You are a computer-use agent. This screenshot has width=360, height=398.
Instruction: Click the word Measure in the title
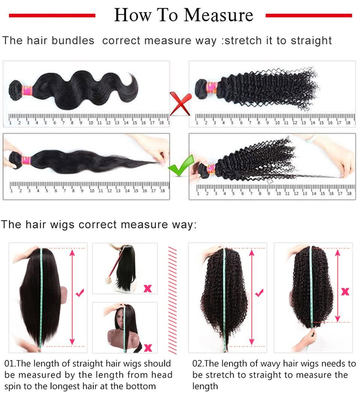pos(219,15)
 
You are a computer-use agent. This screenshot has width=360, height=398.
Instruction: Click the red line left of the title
pos(52,15)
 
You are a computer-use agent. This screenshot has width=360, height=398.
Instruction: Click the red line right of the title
pos(309,15)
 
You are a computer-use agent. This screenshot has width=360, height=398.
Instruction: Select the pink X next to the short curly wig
pos(345,291)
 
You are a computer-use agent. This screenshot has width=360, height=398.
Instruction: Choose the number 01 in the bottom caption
pos(9,364)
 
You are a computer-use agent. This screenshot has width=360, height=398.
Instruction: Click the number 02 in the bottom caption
pos(198,364)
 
